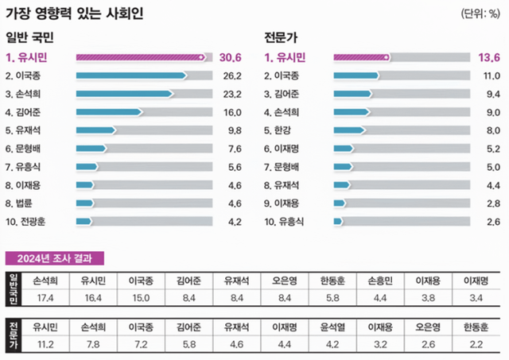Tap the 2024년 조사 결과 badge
pyautogui.click(x=54, y=258)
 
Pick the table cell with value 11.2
pyautogui.click(x=45, y=343)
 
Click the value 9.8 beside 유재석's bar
pyautogui.click(x=233, y=130)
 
